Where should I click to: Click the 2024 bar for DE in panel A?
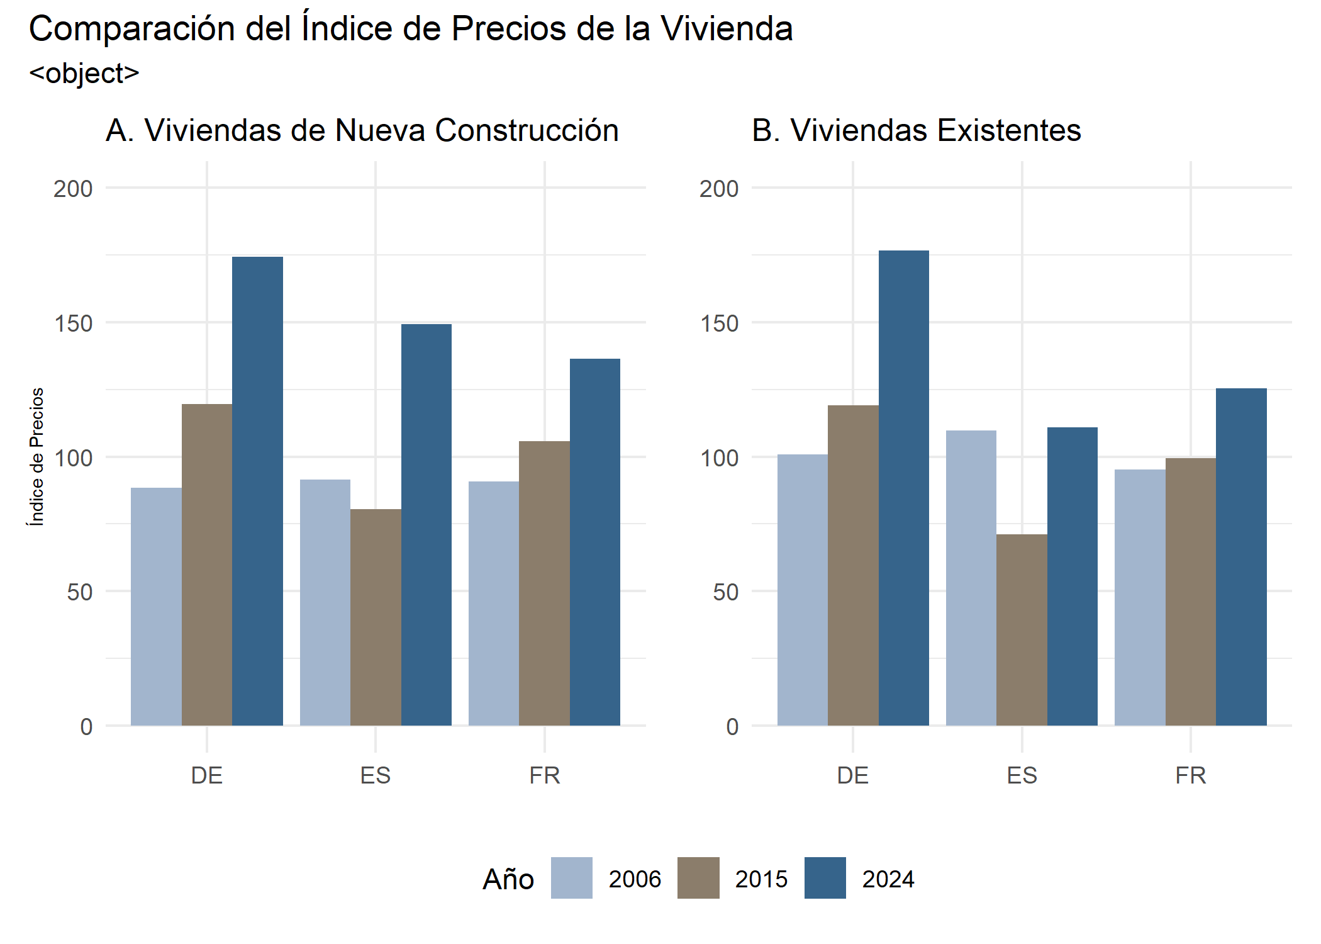[257, 491]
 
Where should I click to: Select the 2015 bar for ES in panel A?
[376, 617]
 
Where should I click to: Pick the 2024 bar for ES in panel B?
[1072, 576]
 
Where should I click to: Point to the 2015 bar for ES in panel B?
[1022, 629]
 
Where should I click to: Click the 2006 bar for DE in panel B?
[803, 590]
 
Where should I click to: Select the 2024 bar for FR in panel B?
[1240, 557]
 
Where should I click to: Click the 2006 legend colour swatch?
[571, 877]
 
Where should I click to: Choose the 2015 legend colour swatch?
[698, 877]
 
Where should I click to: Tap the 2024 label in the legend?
[888, 879]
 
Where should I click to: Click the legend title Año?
[508, 879]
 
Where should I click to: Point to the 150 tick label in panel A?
[73, 323]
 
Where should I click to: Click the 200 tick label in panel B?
[719, 189]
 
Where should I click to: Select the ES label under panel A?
[376, 775]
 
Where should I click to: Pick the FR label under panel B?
[1190, 775]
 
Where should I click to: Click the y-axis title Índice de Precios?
[37, 456]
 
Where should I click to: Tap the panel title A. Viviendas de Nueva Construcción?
[362, 130]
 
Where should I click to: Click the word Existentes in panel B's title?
[1008, 130]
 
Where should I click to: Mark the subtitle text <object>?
[84, 74]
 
